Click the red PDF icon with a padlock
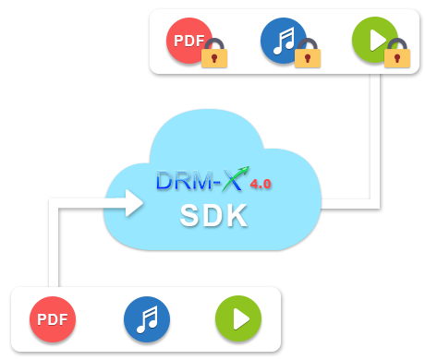[x=188, y=41]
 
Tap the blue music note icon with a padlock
[x=283, y=41]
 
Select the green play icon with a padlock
[x=374, y=41]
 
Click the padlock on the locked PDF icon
[x=214, y=54]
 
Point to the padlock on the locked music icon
[x=307, y=54]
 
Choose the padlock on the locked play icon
[x=397, y=54]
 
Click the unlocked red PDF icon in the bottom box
[x=53, y=319]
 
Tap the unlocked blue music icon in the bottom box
[x=147, y=319]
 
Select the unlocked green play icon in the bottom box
[x=238, y=319]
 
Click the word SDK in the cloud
[x=213, y=215]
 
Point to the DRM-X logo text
[x=199, y=180]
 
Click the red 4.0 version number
[x=260, y=184]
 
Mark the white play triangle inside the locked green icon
[x=376, y=41]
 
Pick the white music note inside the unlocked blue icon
[x=147, y=319]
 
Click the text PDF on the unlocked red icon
[x=53, y=319]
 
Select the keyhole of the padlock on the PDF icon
[x=214, y=58]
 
